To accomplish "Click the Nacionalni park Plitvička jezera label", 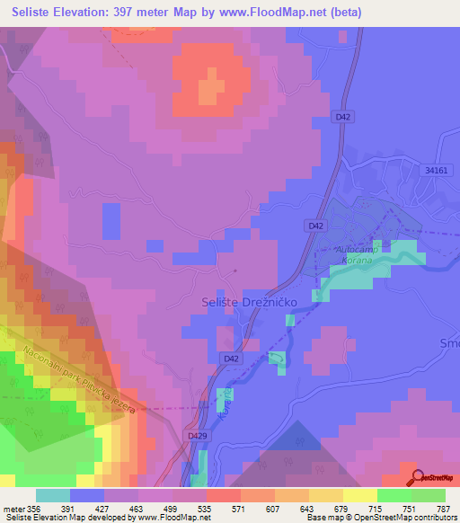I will pyautogui.click(x=79, y=379).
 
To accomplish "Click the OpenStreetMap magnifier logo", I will pyautogui.click(x=417, y=476).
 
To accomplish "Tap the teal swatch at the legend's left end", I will pyautogui.click(x=53, y=495).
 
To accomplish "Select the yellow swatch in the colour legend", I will pyautogui.click(x=359, y=495).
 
